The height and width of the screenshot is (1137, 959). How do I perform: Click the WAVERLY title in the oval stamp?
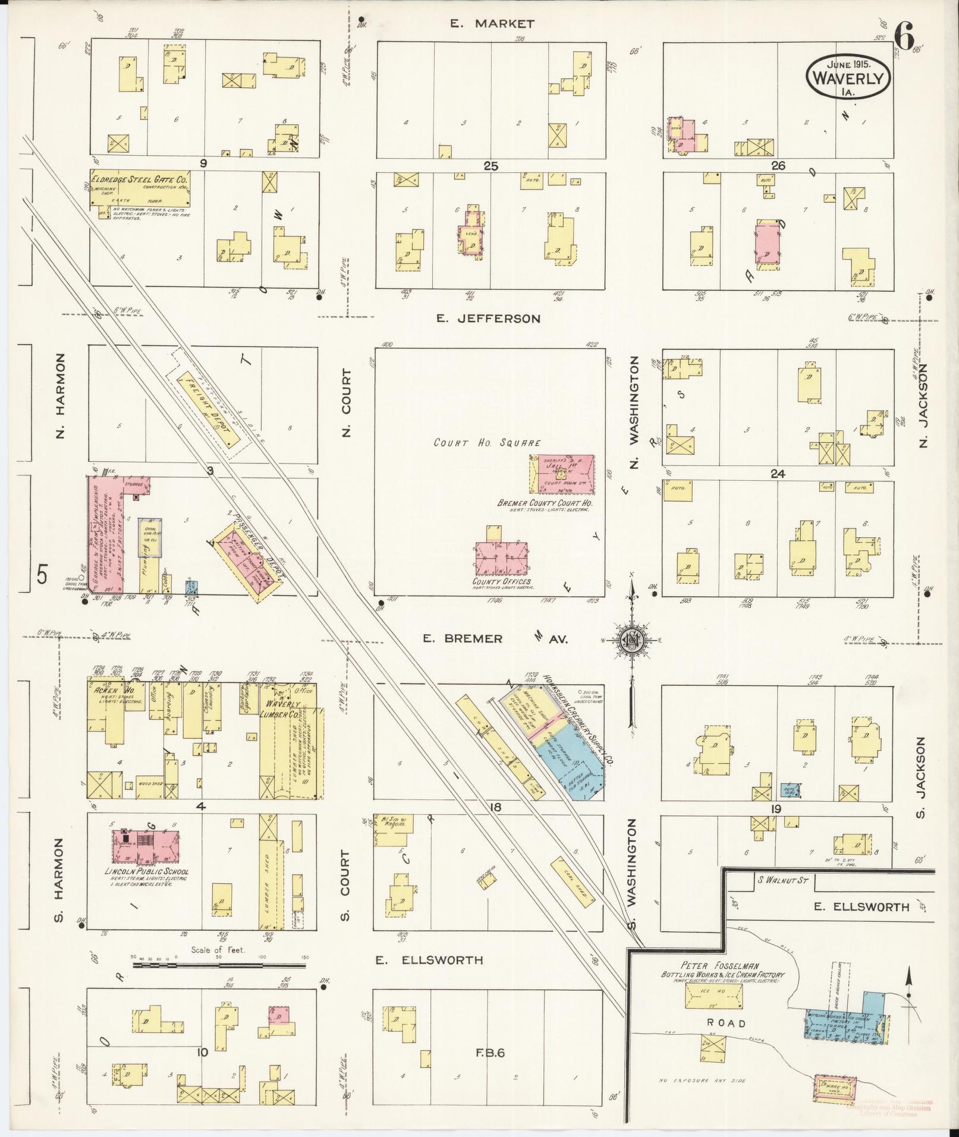coord(848,78)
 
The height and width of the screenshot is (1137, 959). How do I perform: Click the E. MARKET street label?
coord(492,24)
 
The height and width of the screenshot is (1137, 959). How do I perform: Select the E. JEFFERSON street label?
coord(488,319)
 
